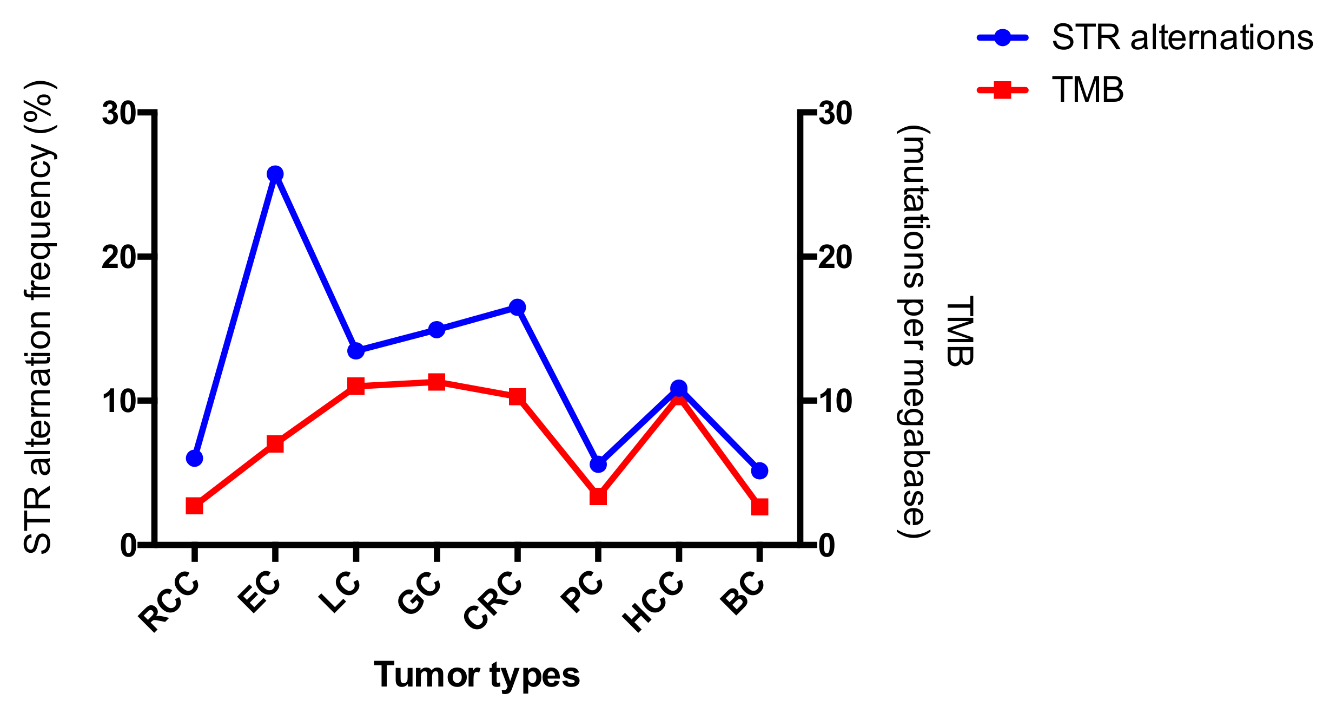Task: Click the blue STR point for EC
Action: point(275,174)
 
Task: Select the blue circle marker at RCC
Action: point(194,458)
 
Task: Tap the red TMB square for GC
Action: point(436,382)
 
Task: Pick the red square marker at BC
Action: point(759,507)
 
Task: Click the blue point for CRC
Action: point(517,308)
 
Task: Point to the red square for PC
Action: point(598,496)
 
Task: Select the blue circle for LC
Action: point(355,351)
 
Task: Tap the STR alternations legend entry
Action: point(1182,38)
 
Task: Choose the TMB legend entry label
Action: point(1087,89)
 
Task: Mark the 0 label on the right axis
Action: point(826,546)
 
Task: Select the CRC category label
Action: point(493,601)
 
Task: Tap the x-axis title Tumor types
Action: point(477,675)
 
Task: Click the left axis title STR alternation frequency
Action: point(39,317)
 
